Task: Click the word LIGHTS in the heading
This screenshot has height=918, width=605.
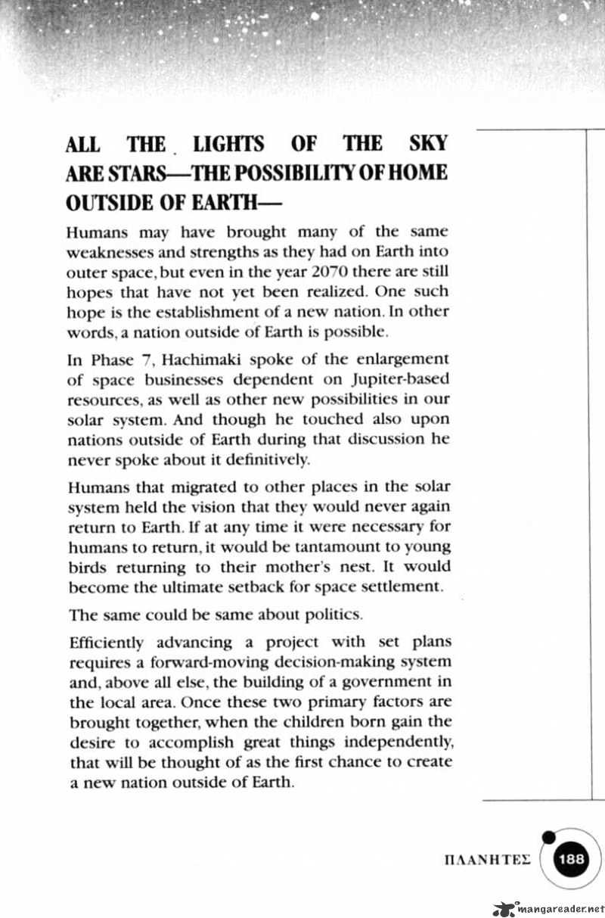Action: click(228, 144)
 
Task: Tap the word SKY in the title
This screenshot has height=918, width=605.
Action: click(427, 144)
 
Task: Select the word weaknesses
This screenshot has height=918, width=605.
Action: click(109, 252)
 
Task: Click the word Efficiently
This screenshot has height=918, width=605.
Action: click(106, 643)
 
